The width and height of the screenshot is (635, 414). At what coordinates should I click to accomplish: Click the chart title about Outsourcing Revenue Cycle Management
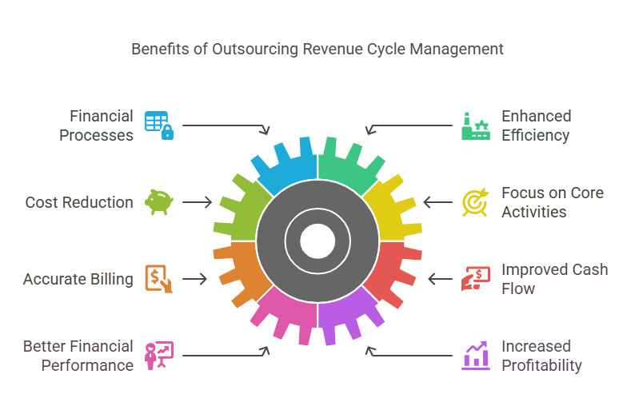click(317, 49)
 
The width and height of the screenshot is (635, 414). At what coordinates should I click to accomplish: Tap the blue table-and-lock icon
click(158, 125)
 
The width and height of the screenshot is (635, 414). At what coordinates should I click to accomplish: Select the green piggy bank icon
click(158, 201)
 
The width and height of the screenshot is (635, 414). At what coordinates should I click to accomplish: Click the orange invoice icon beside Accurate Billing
click(158, 279)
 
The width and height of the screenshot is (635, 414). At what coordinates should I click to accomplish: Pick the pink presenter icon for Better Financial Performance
click(158, 356)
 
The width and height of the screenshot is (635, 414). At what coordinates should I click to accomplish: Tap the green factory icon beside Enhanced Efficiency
click(476, 125)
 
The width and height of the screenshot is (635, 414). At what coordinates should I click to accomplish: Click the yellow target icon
click(476, 202)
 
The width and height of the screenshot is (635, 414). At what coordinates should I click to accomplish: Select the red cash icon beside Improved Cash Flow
click(476, 279)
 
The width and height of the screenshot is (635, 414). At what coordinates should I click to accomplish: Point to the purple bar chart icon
click(476, 356)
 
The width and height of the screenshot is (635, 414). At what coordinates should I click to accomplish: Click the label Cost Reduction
click(79, 202)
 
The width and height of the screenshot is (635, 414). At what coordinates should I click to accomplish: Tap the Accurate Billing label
click(78, 279)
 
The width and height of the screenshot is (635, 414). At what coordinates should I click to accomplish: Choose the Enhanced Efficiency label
click(536, 125)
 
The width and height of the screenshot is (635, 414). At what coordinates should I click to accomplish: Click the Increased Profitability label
click(541, 356)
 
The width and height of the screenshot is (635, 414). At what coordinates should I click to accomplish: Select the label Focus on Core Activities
click(552, 202)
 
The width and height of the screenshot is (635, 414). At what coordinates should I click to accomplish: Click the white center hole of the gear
click(317, 241)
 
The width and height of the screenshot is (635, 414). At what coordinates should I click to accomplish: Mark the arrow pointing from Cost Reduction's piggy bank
click(197, 202)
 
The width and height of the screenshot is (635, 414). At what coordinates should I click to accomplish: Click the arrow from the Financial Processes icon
click(226, 127)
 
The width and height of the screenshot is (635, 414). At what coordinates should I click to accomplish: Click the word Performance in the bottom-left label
click(89, 365)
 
